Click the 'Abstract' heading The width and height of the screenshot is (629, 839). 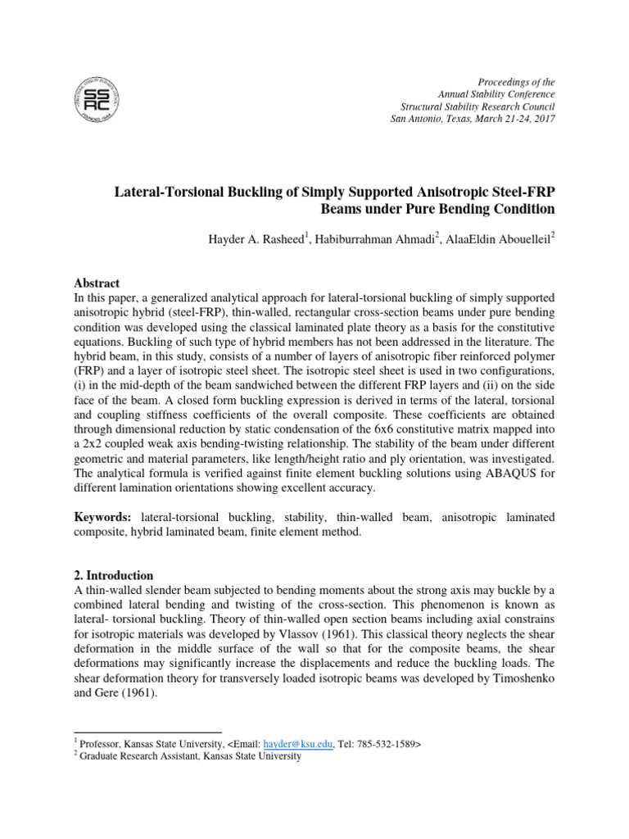97,283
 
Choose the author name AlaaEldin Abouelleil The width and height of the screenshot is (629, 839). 500,238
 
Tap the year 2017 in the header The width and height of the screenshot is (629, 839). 541,120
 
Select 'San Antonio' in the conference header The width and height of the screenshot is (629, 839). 417,120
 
